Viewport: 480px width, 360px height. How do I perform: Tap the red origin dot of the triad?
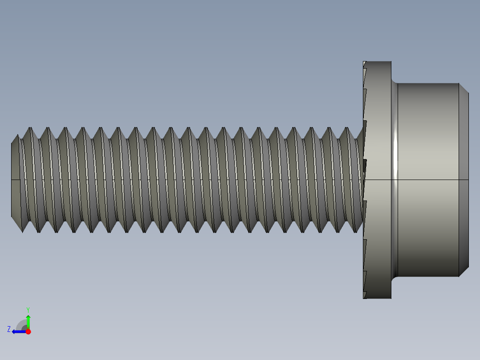[28, 331]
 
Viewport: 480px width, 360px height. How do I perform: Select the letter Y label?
[28, 309]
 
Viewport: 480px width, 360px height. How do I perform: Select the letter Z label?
[9, 329]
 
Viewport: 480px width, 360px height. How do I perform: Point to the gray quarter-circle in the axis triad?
[22, 325]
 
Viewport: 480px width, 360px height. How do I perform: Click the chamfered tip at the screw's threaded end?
[15, 180]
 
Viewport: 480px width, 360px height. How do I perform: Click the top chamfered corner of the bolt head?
[464, 88]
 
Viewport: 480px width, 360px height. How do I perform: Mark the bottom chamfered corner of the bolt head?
[464, 272]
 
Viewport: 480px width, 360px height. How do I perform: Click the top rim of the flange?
[378, 62]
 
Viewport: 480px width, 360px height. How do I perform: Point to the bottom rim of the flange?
[378, 298]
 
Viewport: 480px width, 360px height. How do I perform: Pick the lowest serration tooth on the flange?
[365, 295]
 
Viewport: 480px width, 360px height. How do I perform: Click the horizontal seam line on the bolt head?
[427, 180]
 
